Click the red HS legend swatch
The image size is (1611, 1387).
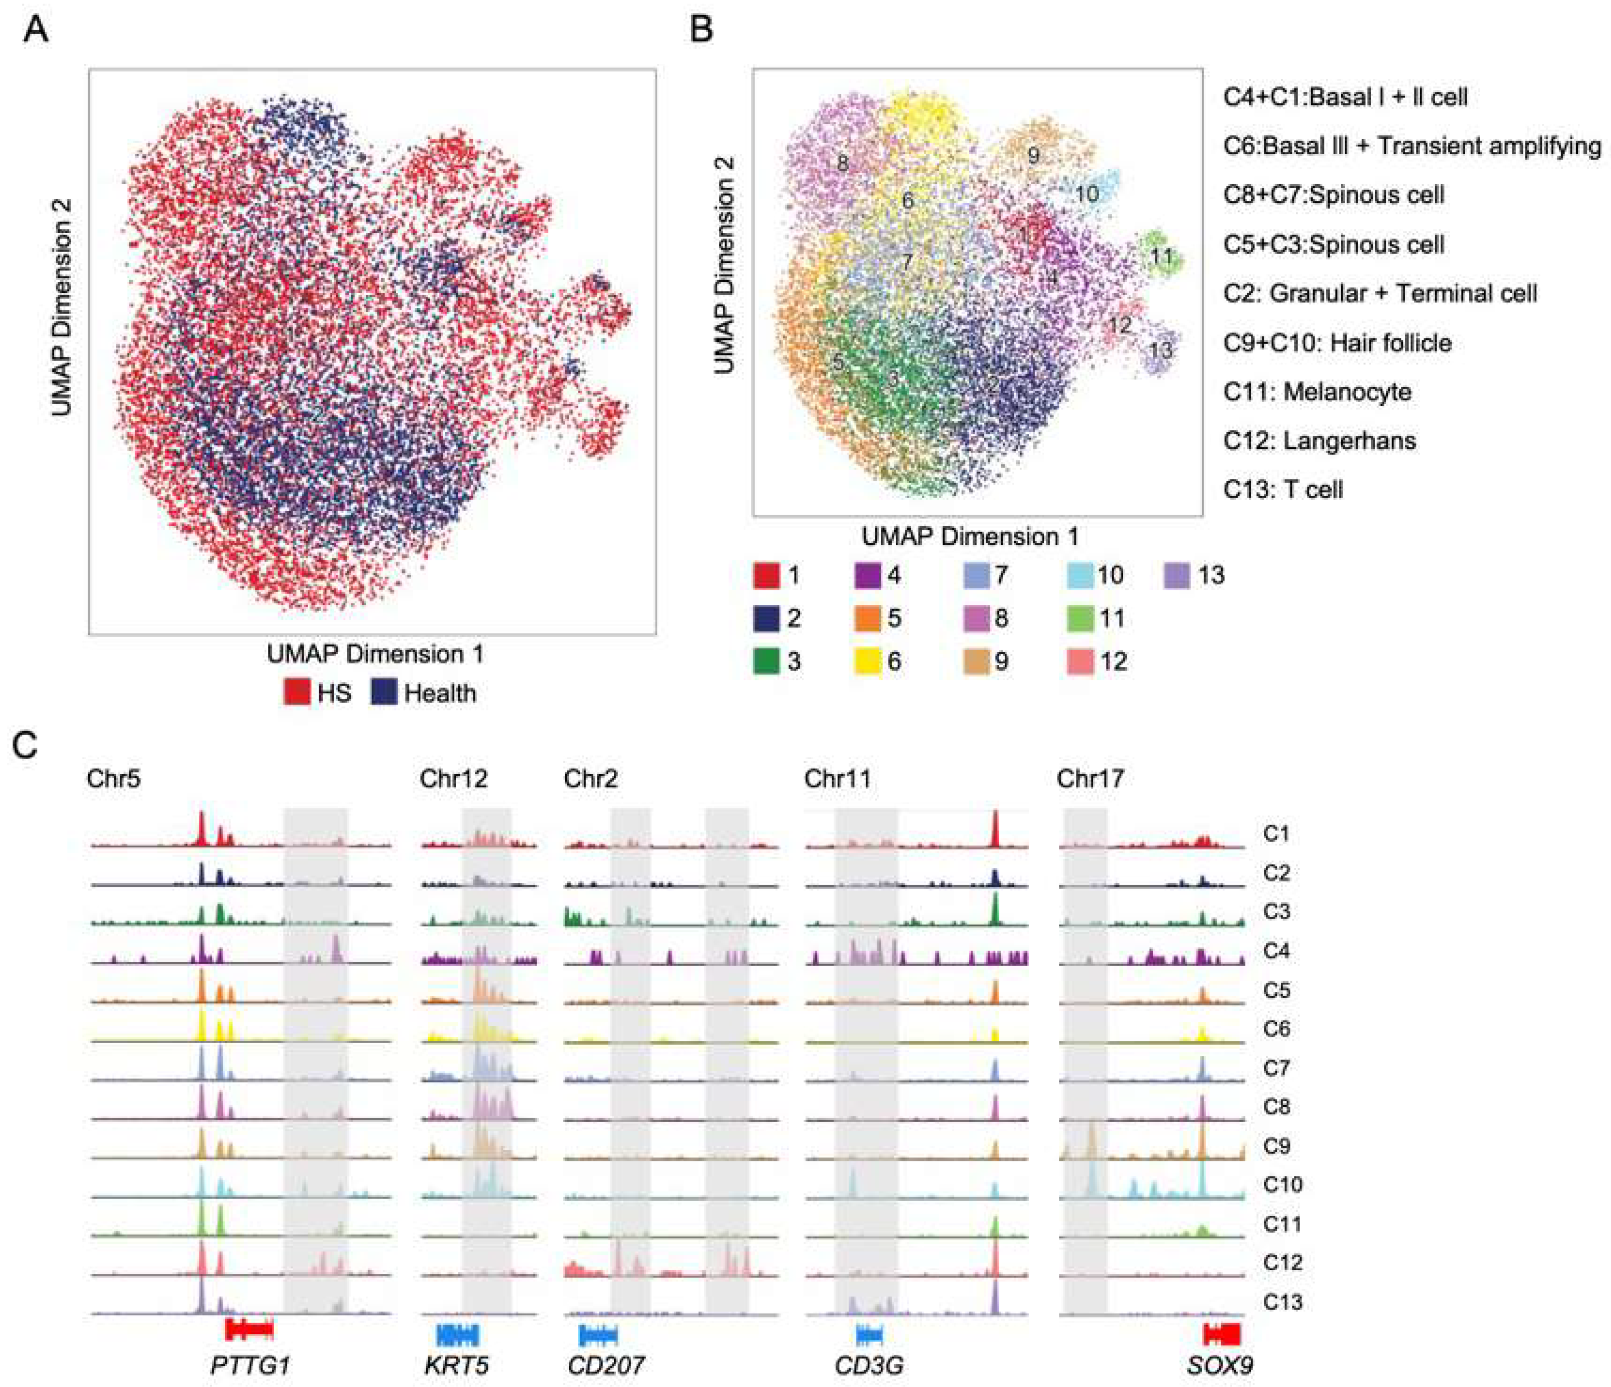pyautogui.click(x=297, y=692)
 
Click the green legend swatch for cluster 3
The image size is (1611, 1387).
pyautogui.click(x=767, y=662)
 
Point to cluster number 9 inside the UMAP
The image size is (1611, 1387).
pyautogui.click(x=1033, y=156)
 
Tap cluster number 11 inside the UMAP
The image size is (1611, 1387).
pyautogui.click(x=1161, y=256)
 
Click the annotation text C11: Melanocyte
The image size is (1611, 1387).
pyautogui.click(x=1317, y=392)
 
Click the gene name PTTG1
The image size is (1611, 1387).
pyautogui.click(x=250, y=1365)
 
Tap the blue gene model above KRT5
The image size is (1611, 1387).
pyautogui.click(x=457, y=1336)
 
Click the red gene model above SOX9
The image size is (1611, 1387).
pyautogui.click(x=1221, y=1335)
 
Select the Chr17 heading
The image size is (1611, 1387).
pyautogui.click(x=1090, y=778)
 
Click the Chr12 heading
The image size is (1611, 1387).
pyautogui.click(x=453, y=778)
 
